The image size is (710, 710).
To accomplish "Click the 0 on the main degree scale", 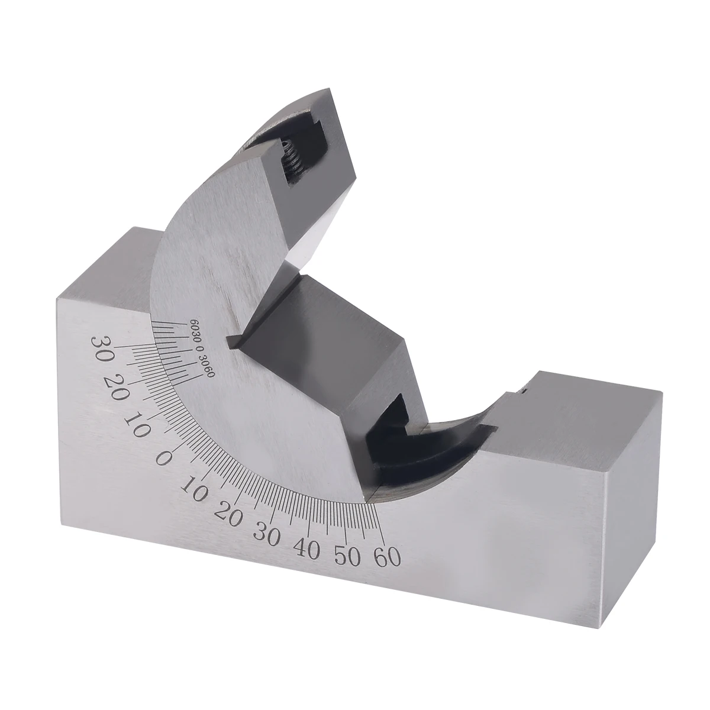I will pos(163,459).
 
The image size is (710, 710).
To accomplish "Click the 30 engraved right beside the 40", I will pos(266,534).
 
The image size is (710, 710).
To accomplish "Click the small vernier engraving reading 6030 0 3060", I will pos(202,343).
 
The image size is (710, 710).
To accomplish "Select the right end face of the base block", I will pos(632,491).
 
